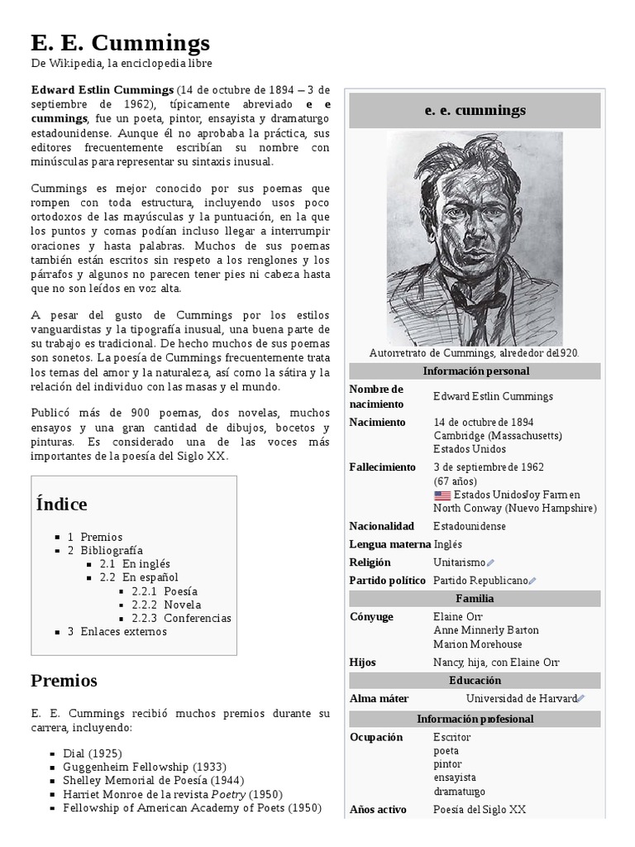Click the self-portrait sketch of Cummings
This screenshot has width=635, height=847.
[475, 237]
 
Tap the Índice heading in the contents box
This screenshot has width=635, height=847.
[62, 504]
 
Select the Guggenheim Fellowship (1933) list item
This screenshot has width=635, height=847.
[145, 767]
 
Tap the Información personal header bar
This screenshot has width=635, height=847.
[475, 371]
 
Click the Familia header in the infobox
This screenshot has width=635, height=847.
[475, 599]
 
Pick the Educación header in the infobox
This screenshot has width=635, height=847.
[475, 680]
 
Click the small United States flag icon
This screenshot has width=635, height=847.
[442, 495]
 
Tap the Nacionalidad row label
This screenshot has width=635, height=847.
[381, 526]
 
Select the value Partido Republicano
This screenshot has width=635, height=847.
[480, 581]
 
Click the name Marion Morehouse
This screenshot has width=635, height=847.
[477, 644]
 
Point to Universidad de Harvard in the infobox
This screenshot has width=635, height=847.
[521, 698]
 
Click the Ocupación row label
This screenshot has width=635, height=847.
[376, 737]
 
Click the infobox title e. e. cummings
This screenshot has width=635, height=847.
[475, 110]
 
